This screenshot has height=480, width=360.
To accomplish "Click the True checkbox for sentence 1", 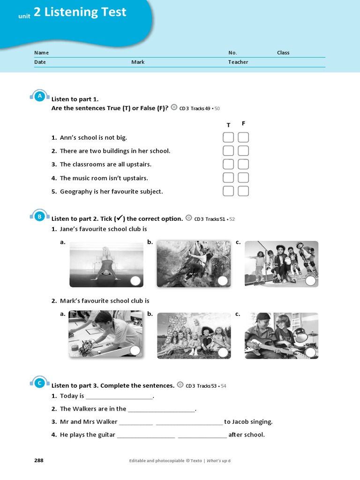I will [x=228, y=137].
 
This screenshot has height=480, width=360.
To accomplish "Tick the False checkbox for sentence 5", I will [x=243, y=191].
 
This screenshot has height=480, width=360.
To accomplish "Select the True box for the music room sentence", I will [x=228, y=178].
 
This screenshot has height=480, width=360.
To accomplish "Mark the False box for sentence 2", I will [x=243, y=151].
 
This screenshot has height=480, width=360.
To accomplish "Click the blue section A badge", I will [x=40, y=96].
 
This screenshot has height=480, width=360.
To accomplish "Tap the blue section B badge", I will [x=40, y=216].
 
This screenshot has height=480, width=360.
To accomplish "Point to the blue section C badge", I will [x=40, y=383].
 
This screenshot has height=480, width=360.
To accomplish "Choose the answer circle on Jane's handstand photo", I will [x=135, y=281].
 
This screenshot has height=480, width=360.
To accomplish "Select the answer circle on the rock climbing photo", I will [x=223, y=281].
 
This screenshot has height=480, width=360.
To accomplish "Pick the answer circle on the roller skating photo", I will [x=310, y=281].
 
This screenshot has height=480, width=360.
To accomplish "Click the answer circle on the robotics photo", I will [x=135, y=351].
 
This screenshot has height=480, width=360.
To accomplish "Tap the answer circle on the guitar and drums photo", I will [x=310, y=352].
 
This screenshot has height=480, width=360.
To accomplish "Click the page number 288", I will [x=39, y=460].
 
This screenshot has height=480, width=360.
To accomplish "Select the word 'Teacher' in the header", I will [x=238, y=62].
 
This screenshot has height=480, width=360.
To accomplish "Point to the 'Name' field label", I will [x=41, y=53].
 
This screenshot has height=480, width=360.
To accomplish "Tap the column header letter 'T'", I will [x=228, y=125].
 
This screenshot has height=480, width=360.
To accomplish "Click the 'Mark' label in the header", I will [x=138, y=62].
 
